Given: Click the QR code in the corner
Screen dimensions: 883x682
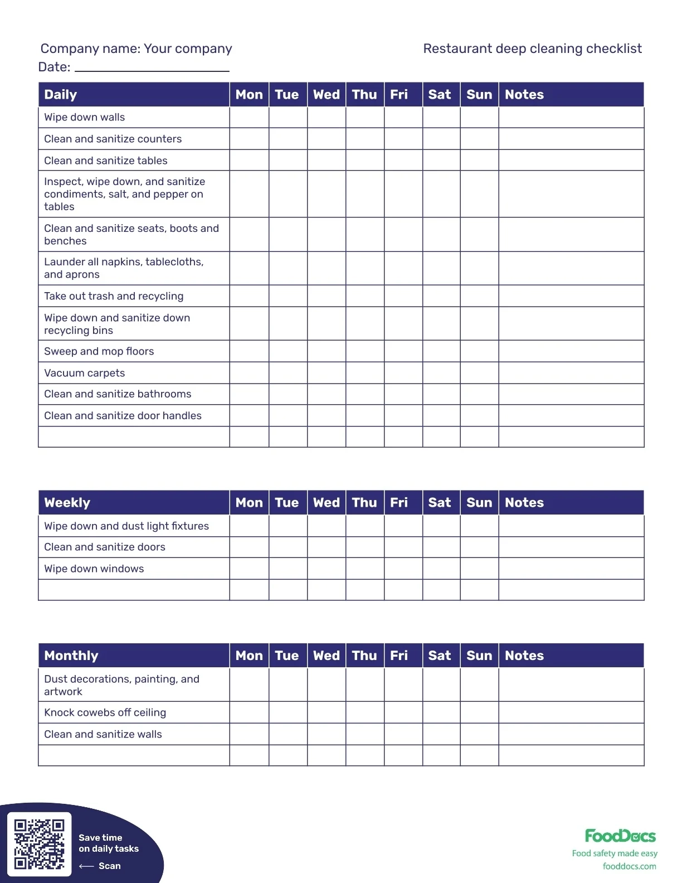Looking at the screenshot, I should click(x=39, y=843).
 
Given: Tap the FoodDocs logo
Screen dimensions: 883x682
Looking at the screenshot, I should click(x=620, y=836).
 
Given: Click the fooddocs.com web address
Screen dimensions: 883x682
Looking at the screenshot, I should click(x=629, y=866).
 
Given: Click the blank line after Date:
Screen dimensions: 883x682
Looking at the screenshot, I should click(x=152, y=67).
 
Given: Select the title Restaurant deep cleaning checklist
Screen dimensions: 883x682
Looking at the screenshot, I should click(x=532, y=48).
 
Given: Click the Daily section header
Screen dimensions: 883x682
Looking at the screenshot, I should click(x=61, y=95).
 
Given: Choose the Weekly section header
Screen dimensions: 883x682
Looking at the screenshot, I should click(x=67, y=503).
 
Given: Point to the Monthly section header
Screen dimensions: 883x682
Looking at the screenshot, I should click(x=71, y=656).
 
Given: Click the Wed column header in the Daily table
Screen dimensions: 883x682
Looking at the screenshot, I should click(x=326, y=95).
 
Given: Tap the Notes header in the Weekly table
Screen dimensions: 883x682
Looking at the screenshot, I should click(x=524, y=503).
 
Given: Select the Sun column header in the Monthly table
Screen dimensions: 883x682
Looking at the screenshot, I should click(x=479, y=656).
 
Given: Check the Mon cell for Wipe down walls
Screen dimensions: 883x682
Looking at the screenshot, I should click(x=249, y=117).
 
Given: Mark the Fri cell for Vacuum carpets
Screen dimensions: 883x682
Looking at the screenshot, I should click(x=403, y=373).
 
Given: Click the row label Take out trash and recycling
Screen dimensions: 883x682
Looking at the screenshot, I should click(x=114, y=296).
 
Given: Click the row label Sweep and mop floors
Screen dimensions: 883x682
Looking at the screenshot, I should click(x=99, y=351).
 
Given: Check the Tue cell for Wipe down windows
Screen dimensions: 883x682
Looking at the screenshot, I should click(x=288, y=569).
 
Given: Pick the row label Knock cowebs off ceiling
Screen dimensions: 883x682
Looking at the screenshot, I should click(x=105, y=712).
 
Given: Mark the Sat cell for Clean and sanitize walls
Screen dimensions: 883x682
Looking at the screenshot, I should click(x=441, y=734).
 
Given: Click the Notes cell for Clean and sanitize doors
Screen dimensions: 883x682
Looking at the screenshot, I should click(x=571, y=547).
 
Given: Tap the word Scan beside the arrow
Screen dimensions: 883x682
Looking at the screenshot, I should click(x=109, y=866).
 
